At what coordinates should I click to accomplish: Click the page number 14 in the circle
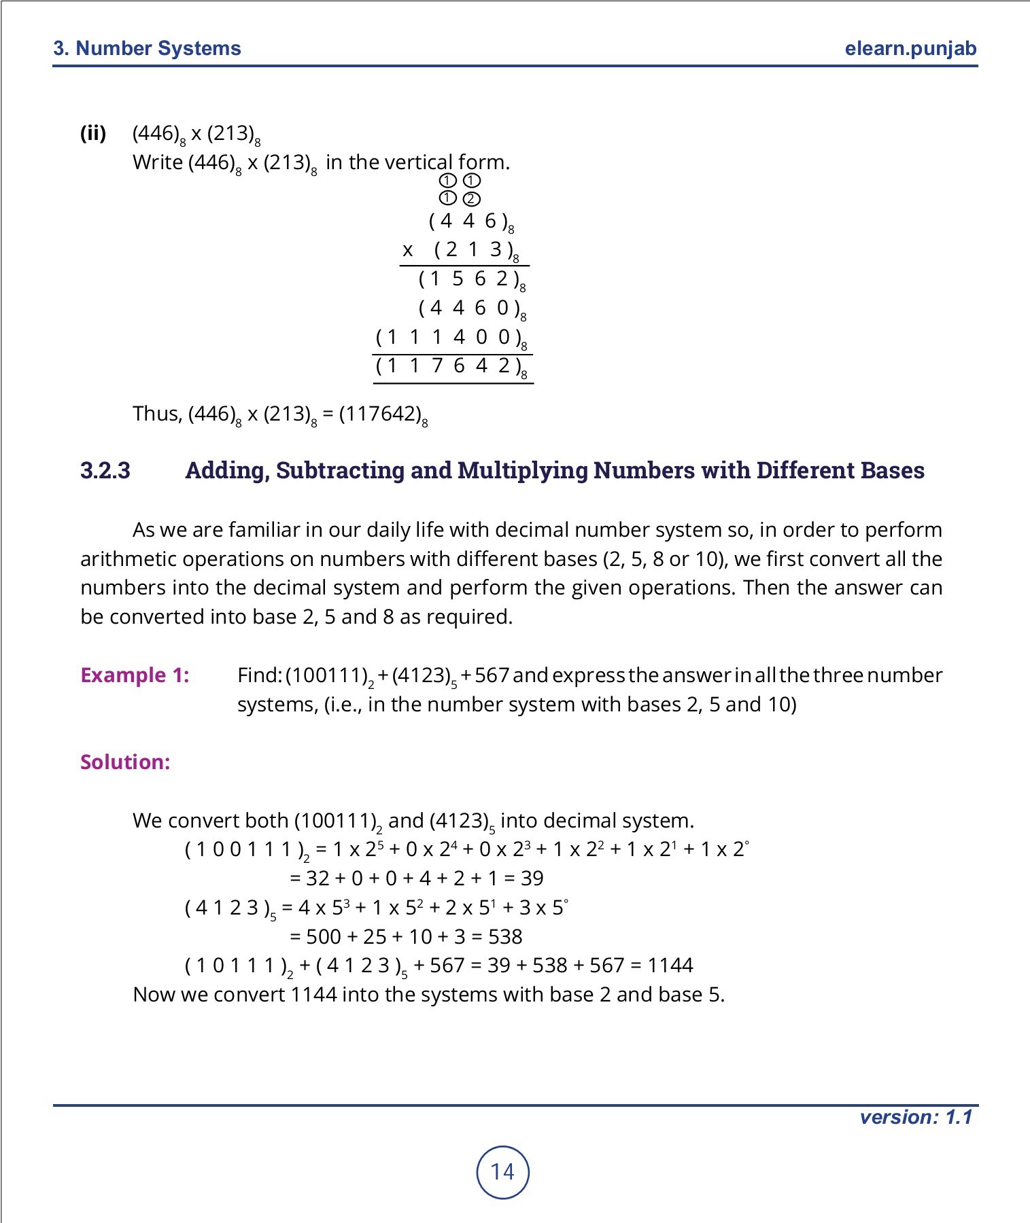click(502, 1172)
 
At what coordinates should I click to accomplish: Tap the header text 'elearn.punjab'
click(910, 49)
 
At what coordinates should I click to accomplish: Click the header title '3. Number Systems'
click(148, 49)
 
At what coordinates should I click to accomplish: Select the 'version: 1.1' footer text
click(916, 1118)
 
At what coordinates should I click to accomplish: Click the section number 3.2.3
click(105, 470)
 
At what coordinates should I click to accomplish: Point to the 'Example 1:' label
click(135, 675)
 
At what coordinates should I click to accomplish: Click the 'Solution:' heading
click(125, 762)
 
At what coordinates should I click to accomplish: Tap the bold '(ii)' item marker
click(93, 133)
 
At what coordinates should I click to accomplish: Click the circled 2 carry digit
click(471, 199)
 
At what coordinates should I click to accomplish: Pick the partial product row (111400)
click(450, 338)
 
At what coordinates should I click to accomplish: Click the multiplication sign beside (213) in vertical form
click(408, 251)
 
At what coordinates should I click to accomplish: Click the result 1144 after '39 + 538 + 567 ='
click(670, 965)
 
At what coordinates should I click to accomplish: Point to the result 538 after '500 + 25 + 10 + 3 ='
click(505, 937)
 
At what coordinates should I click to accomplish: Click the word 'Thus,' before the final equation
click(157, 414)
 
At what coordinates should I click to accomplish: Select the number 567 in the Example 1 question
click(492, 675)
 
